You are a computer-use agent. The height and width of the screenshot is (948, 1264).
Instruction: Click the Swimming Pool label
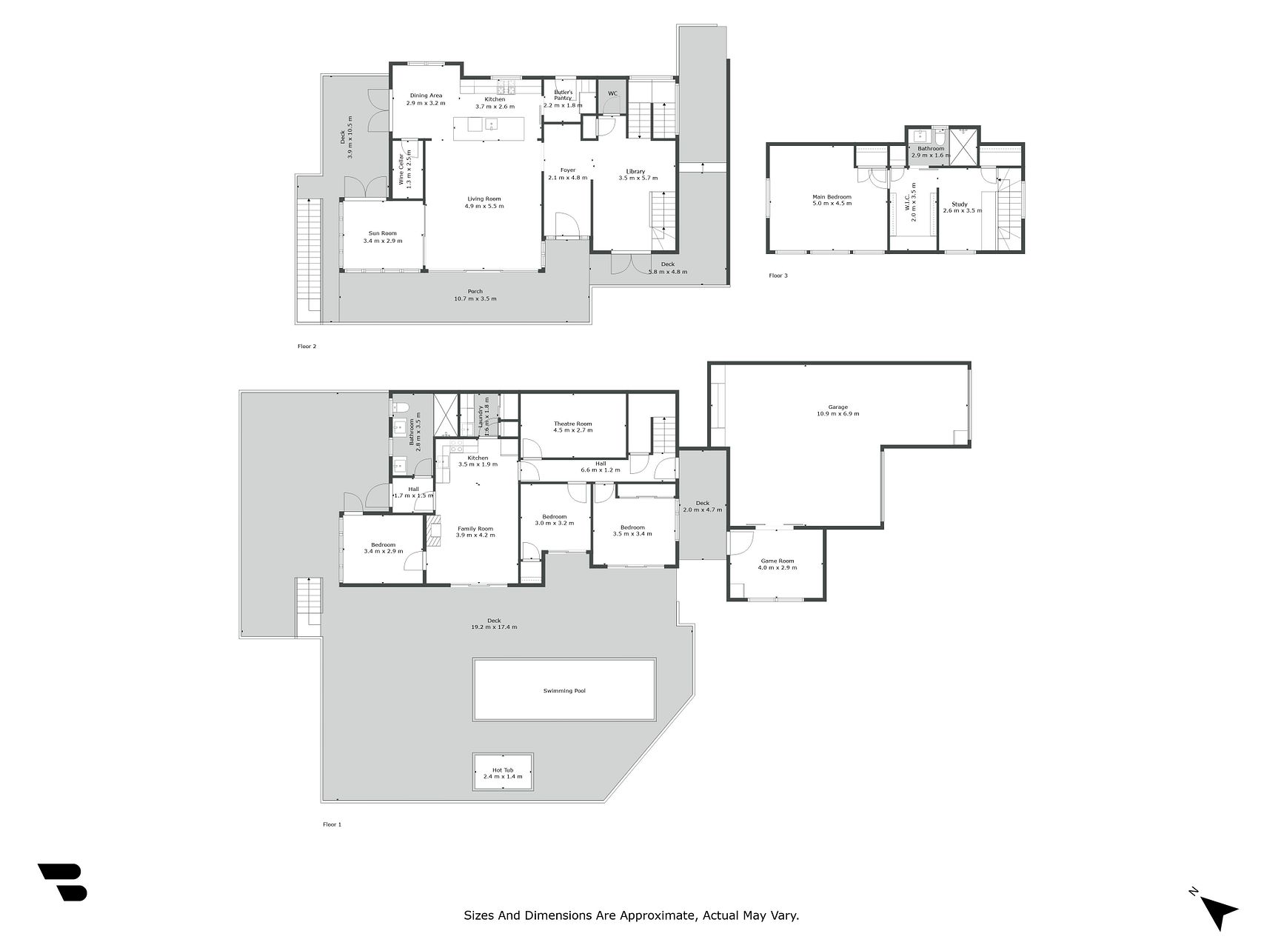(x=564, y=691)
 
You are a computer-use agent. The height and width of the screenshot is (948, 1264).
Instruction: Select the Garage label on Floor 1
(x=837, y=407)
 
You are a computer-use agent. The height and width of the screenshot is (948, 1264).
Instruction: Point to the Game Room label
(x=777, y=561)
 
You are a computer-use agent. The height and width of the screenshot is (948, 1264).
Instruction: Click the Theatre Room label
(x=572, y=424)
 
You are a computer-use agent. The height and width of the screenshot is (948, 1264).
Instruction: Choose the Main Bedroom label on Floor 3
(x=832, y=197)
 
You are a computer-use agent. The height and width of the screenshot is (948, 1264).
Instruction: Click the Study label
(x=960, y=204)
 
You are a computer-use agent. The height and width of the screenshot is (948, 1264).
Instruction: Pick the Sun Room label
(x=383, y=233)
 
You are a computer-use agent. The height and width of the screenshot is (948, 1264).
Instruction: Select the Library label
(x=635, y=172)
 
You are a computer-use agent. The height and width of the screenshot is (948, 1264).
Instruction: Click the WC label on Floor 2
(x=612, y=93)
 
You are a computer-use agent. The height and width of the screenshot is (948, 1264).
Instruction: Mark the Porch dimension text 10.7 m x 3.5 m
(x=475, y=299)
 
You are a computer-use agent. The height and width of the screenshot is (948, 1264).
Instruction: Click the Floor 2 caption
(x=307, y=346)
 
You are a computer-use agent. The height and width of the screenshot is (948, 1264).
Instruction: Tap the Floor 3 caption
(x=778, y=276)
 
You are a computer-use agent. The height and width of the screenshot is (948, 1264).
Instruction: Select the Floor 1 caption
(x=332, y=824)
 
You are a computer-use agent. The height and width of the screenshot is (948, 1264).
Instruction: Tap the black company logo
(x=63, y=882)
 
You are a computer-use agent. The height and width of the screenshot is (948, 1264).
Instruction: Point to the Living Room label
(x=484, y=198)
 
